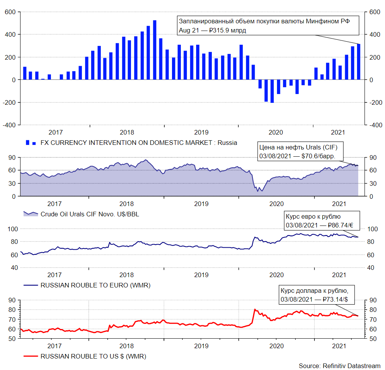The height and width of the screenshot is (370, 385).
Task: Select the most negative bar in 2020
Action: pos(272,91)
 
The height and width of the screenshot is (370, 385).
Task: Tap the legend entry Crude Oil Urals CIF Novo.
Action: pos(90,214)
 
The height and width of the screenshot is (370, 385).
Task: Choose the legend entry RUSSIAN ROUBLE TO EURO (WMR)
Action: pos(95,285)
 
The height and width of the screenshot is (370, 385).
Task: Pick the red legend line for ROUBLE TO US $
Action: pos(30,356)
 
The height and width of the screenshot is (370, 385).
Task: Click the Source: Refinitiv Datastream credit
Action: pos(339,366)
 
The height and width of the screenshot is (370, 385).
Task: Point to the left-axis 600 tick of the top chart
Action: pos(10,12)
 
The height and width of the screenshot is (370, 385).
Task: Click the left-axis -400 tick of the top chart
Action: pos(8,125)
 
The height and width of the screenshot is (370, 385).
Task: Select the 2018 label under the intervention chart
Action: pos(127,132)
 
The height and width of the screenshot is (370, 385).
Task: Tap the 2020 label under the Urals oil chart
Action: pos(276,204)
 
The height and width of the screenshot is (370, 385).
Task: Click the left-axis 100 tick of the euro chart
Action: pos(12,229)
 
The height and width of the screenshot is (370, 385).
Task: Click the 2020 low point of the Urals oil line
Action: pos(262,191)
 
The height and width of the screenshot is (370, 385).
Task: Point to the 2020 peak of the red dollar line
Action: pos(254,309)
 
